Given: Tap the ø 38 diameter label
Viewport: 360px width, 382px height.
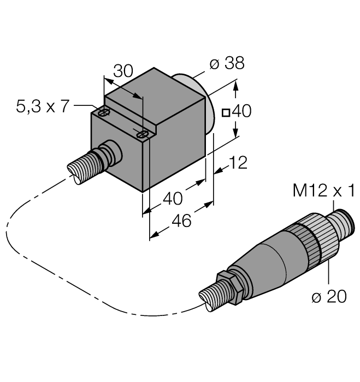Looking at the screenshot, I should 227,64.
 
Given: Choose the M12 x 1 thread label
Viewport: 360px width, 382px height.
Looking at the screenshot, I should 324,190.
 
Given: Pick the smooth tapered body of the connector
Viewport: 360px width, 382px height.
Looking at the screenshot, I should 268,262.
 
